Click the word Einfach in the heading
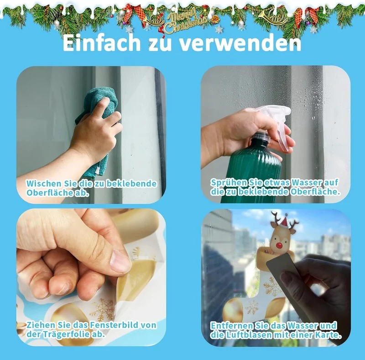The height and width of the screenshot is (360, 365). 102,42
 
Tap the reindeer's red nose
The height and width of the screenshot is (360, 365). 279,245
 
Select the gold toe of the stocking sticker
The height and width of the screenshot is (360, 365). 233,309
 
